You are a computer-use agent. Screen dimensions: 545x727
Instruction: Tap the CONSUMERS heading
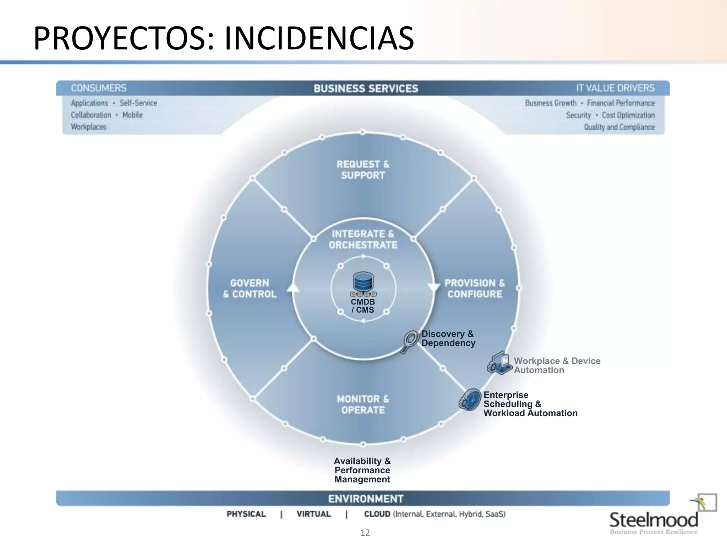point(99,88)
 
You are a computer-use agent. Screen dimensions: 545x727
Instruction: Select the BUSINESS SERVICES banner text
point(366,88)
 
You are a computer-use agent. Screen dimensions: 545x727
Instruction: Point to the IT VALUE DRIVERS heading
point(615,88)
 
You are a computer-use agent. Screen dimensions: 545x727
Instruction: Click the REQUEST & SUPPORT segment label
point(363,170)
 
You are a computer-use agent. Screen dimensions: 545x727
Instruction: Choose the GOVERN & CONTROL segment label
point(250,288)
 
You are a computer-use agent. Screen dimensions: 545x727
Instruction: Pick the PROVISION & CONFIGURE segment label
point(475,288)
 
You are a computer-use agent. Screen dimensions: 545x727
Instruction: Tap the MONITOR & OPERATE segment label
point(363,404)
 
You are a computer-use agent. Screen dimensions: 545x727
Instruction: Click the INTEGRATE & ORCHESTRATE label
point(363,240)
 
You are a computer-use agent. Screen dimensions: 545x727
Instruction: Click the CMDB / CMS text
point(363,306)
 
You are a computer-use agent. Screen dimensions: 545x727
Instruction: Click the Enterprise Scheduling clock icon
point(470,400)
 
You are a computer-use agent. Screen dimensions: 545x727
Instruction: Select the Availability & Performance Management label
point(362,470)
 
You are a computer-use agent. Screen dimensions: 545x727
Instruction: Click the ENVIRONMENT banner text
point(366,499)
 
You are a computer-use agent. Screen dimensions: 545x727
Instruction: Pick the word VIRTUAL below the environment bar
point(313,514)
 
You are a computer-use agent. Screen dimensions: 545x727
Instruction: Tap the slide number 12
point(365,533)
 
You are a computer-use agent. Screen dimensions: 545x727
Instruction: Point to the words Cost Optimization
point(628,115)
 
